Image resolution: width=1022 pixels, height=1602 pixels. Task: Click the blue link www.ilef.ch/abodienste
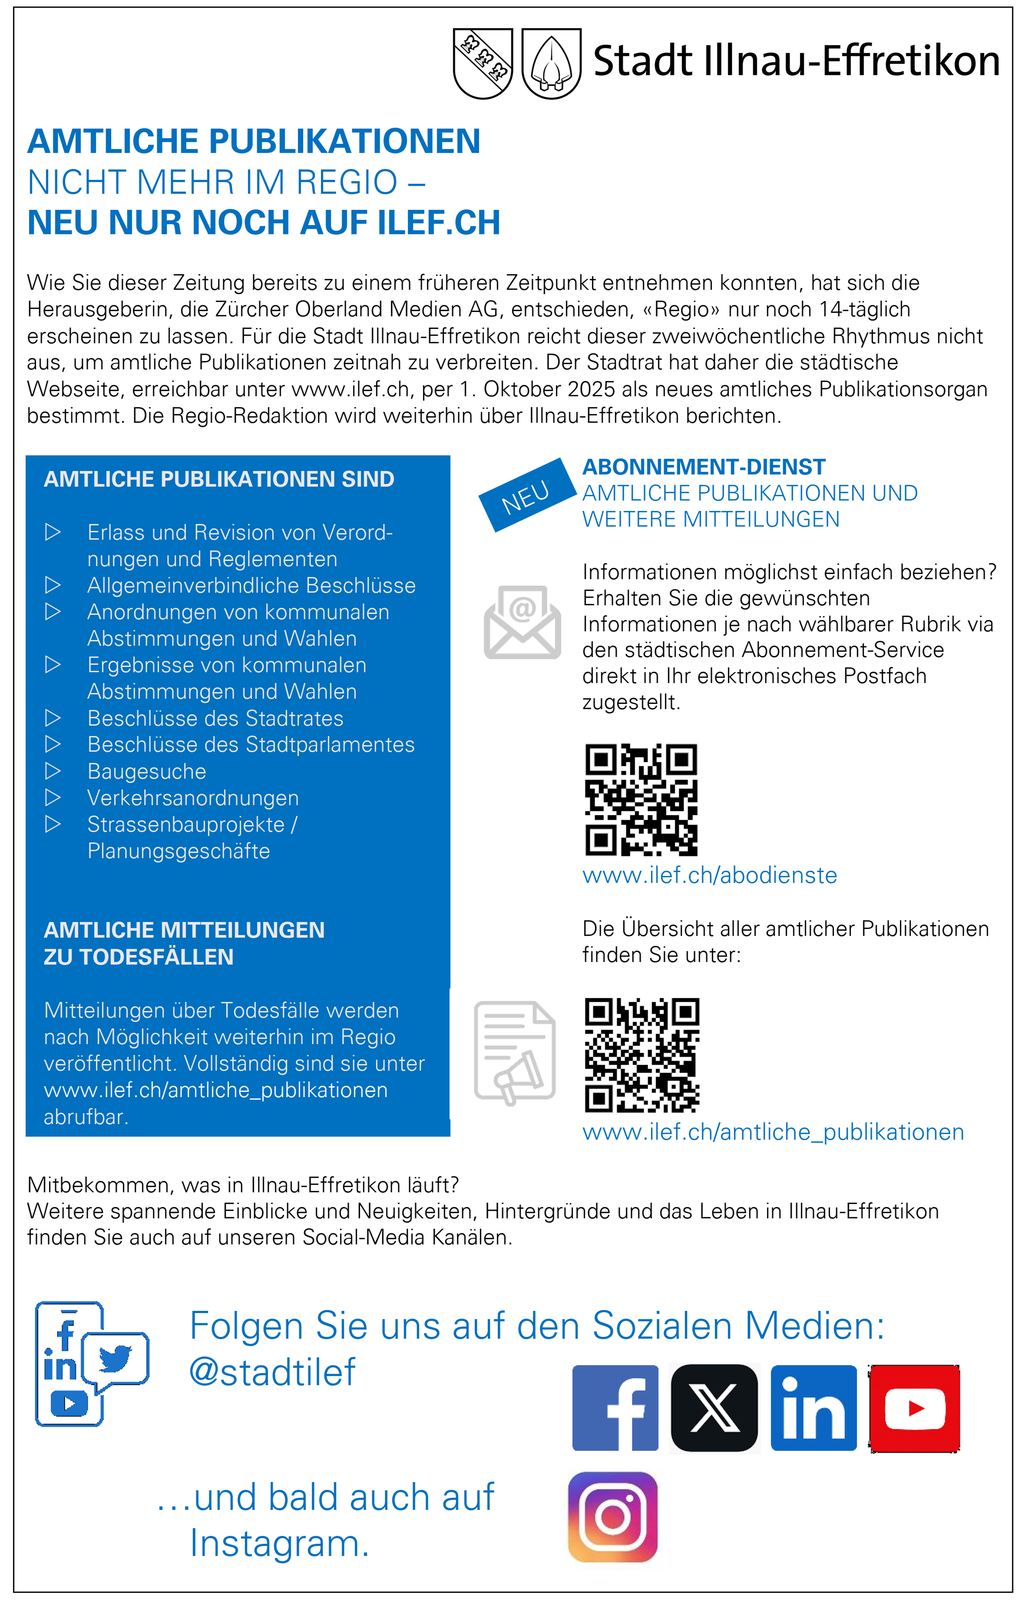coord(709,875)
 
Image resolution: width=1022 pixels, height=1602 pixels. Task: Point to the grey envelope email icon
coord(522,622)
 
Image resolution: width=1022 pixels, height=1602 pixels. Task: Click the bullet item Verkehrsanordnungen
coord(193,798)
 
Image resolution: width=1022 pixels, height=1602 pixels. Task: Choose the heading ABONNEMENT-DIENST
coord(704,467)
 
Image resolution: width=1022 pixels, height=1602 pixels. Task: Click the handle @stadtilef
coord(273,1372)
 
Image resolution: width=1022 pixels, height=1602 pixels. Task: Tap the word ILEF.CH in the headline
coord(439,222)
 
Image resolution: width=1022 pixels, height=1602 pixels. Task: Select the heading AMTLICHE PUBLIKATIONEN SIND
coord(219,479)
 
